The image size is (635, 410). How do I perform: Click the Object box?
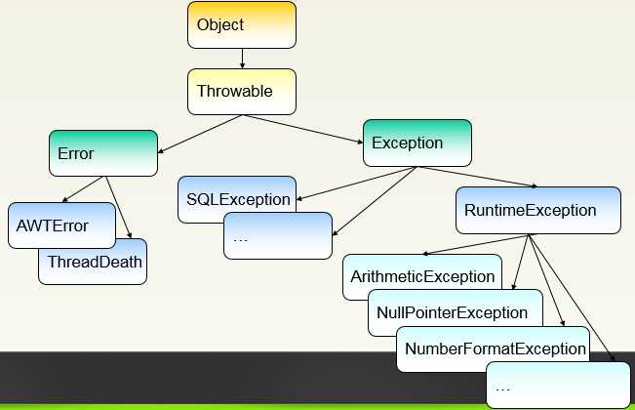tap(242, 24)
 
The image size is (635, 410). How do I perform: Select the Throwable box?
tap(242, 92)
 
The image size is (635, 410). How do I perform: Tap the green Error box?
tap(103, 153)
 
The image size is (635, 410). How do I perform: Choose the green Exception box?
tap(417, 143)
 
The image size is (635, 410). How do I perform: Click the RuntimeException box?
tap(538, 210)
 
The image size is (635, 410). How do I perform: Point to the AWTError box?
tap(61, 225)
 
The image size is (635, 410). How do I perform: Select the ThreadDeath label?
tap(95, 262)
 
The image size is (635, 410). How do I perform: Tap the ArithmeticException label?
tap(422, 276)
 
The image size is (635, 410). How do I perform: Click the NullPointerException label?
tap(452, 312)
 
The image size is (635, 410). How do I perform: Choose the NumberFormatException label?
tap(496, 348)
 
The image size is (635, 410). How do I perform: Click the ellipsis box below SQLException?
tap(278, 236)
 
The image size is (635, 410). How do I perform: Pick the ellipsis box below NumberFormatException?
tap(559, 386)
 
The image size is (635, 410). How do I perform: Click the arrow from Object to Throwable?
tap(242, 59)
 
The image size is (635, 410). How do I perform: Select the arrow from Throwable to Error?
tap(200, 134)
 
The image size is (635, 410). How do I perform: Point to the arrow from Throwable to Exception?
tap(302, 129)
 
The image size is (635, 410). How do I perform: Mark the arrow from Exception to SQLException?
tap(357, 184)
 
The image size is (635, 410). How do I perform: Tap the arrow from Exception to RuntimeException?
tap(477, 177)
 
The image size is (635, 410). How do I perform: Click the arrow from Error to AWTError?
tap(84, 189)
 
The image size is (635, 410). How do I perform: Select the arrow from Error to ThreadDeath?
tap(119, 207)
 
